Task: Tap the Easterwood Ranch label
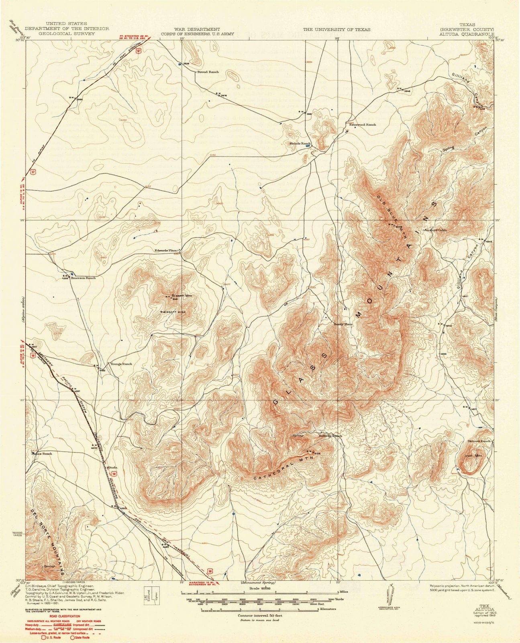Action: click(x=363, y=125)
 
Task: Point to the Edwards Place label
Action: click(x=166, y=250)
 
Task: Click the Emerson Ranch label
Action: click(x=84, y=278)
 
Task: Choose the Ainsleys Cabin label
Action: click(x=435, y=230)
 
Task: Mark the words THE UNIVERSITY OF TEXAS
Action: click(x=336, y=30)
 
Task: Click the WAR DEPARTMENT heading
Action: click(x=197, y=29)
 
